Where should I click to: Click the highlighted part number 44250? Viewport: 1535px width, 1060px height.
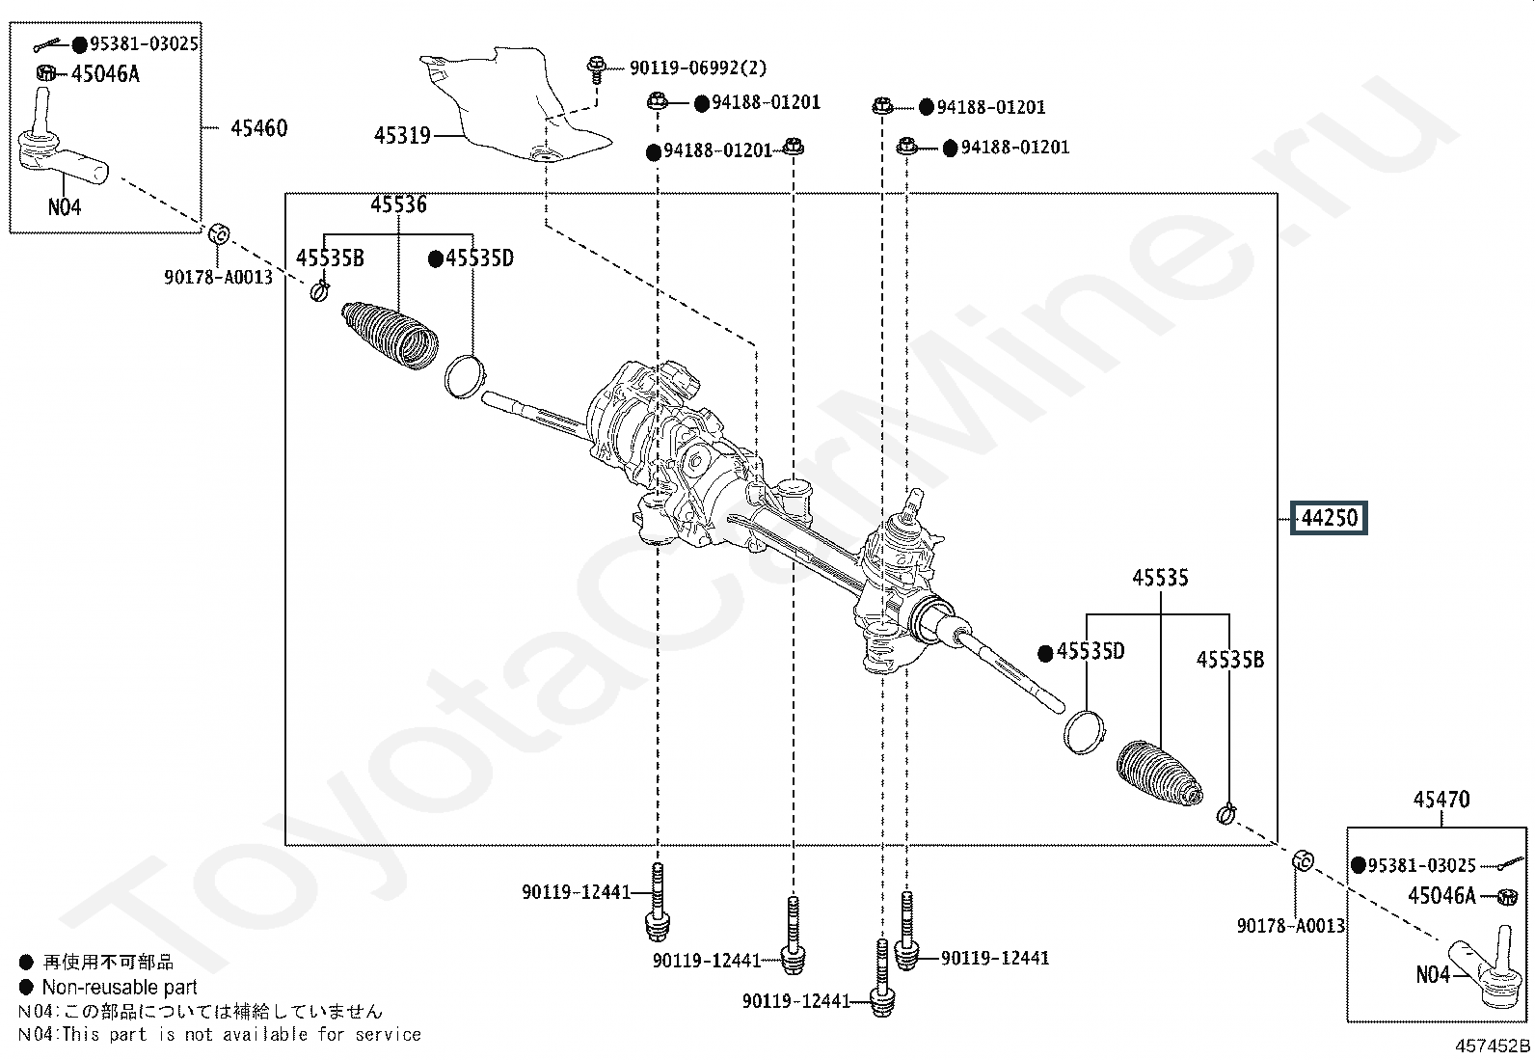(1329, 518)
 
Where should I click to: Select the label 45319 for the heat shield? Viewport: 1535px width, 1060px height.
(402, 136)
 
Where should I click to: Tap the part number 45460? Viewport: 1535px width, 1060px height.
(259, 128)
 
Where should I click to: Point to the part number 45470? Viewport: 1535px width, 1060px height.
(1441, 800)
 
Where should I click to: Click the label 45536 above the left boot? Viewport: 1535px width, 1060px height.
(399, 204)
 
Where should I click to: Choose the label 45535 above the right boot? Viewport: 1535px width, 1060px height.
(1160, 578)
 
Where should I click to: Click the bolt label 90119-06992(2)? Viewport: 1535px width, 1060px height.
(698, 68)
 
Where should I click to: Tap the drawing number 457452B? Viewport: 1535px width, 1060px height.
(1493, 1046)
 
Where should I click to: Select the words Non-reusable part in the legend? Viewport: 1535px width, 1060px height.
(120, 988)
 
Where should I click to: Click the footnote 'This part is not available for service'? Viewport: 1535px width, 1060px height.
(241, 1034)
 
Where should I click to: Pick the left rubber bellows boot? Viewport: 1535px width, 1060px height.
(390, 334)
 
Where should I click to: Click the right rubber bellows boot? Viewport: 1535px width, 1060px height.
(1160, 774)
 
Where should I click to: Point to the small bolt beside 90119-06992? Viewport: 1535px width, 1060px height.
(596, 70)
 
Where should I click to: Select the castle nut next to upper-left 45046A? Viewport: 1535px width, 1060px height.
(46, 72)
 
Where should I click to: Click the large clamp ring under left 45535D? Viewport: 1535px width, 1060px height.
(466, 376)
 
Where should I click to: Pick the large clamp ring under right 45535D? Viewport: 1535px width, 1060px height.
(1085, 731)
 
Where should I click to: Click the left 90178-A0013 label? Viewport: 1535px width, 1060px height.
(218, 277)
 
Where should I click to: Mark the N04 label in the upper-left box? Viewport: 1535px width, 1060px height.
(65, 207)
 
